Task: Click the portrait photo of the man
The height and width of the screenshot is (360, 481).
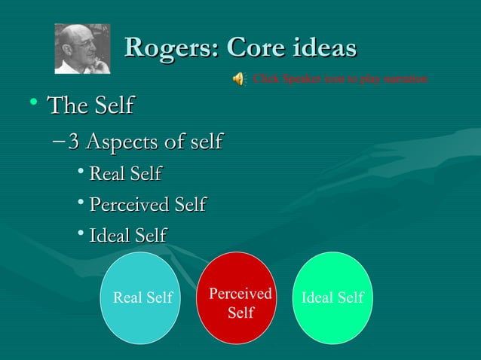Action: click(x=83, y=48)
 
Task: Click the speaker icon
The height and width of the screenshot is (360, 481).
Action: click(x=238, y=78)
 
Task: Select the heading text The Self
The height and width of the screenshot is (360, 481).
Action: click(x=90, y=108)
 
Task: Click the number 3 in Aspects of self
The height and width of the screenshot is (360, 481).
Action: click(x=73, y=141)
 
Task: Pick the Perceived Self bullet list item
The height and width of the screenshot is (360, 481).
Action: click(x=148, y=204)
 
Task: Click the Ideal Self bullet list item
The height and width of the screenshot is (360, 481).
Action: click(x=127, y=235)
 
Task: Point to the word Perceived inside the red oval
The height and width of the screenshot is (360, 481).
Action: click(x=240, y=293)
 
